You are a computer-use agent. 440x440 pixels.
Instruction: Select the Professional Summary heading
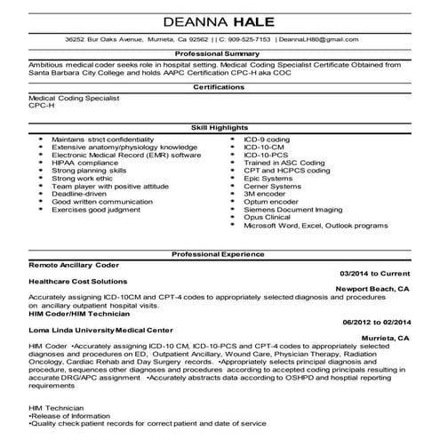coord(220,55)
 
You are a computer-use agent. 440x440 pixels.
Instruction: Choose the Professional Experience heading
coord(220,253)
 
